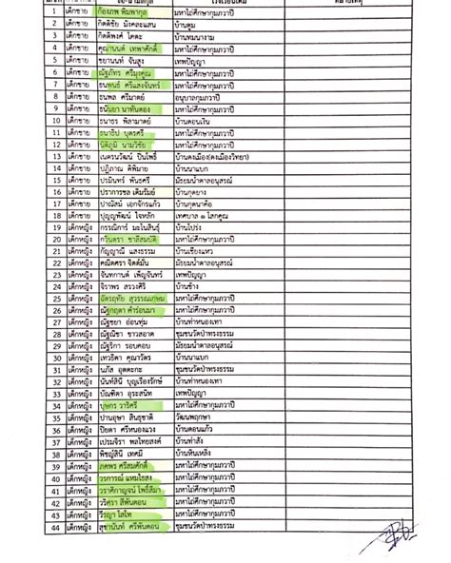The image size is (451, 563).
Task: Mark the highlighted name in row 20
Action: (x=134, y=244)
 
